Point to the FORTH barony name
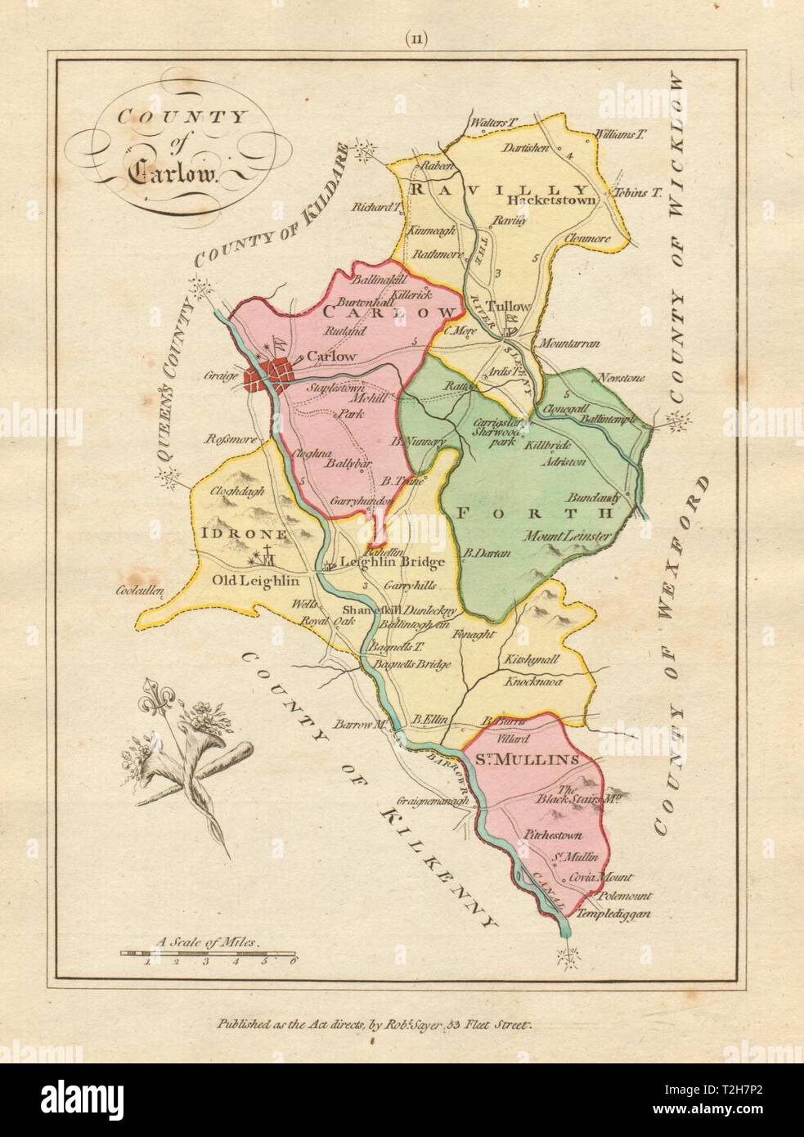tap(532, 513)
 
